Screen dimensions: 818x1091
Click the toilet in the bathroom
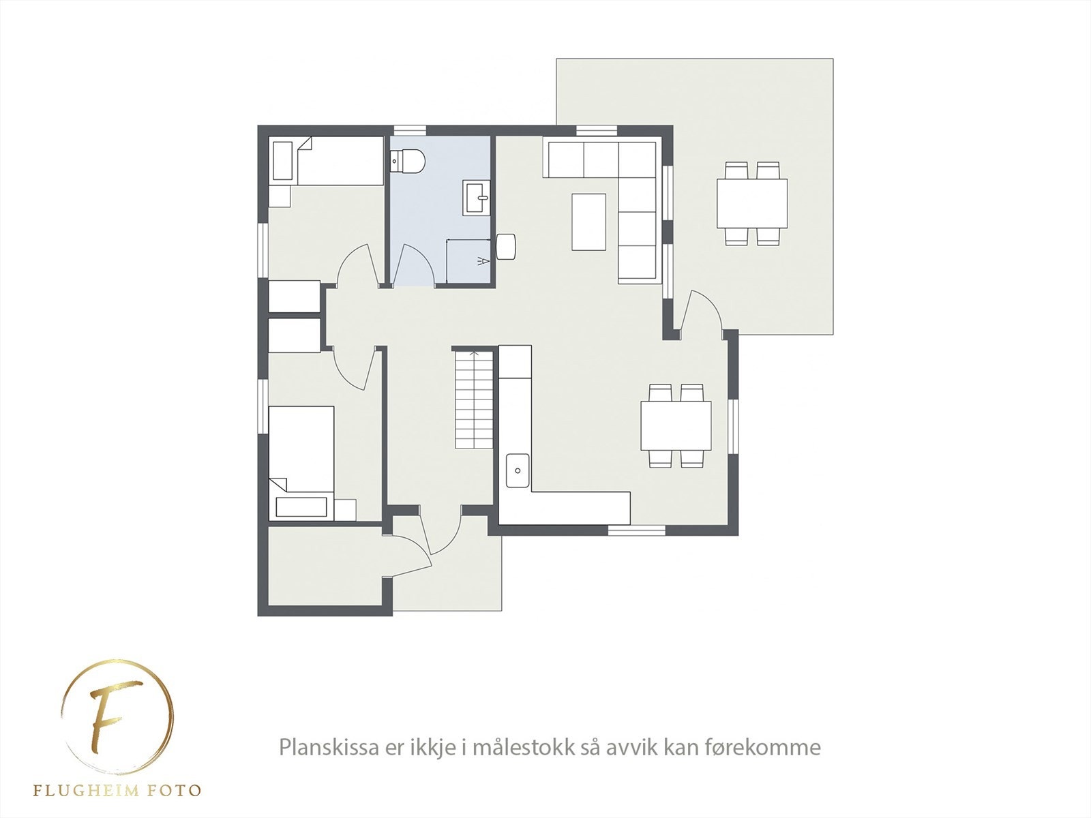click(x=408, y=162)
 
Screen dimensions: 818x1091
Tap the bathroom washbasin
click(x=477, y=198)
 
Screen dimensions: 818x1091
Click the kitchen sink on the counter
click(x=518, y=470)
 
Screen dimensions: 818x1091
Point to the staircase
click(x=473, y=399)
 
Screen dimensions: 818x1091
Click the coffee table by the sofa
click(x=588, y=222)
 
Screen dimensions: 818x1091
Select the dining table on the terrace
click(x=751, y=203)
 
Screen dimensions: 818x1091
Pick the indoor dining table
click(x=676, y=425)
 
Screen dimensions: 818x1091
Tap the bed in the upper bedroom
click(x=327, y=161)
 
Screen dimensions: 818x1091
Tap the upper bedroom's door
click(x=357, y=266)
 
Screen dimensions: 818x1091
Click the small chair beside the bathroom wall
click(x=505, y=246)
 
